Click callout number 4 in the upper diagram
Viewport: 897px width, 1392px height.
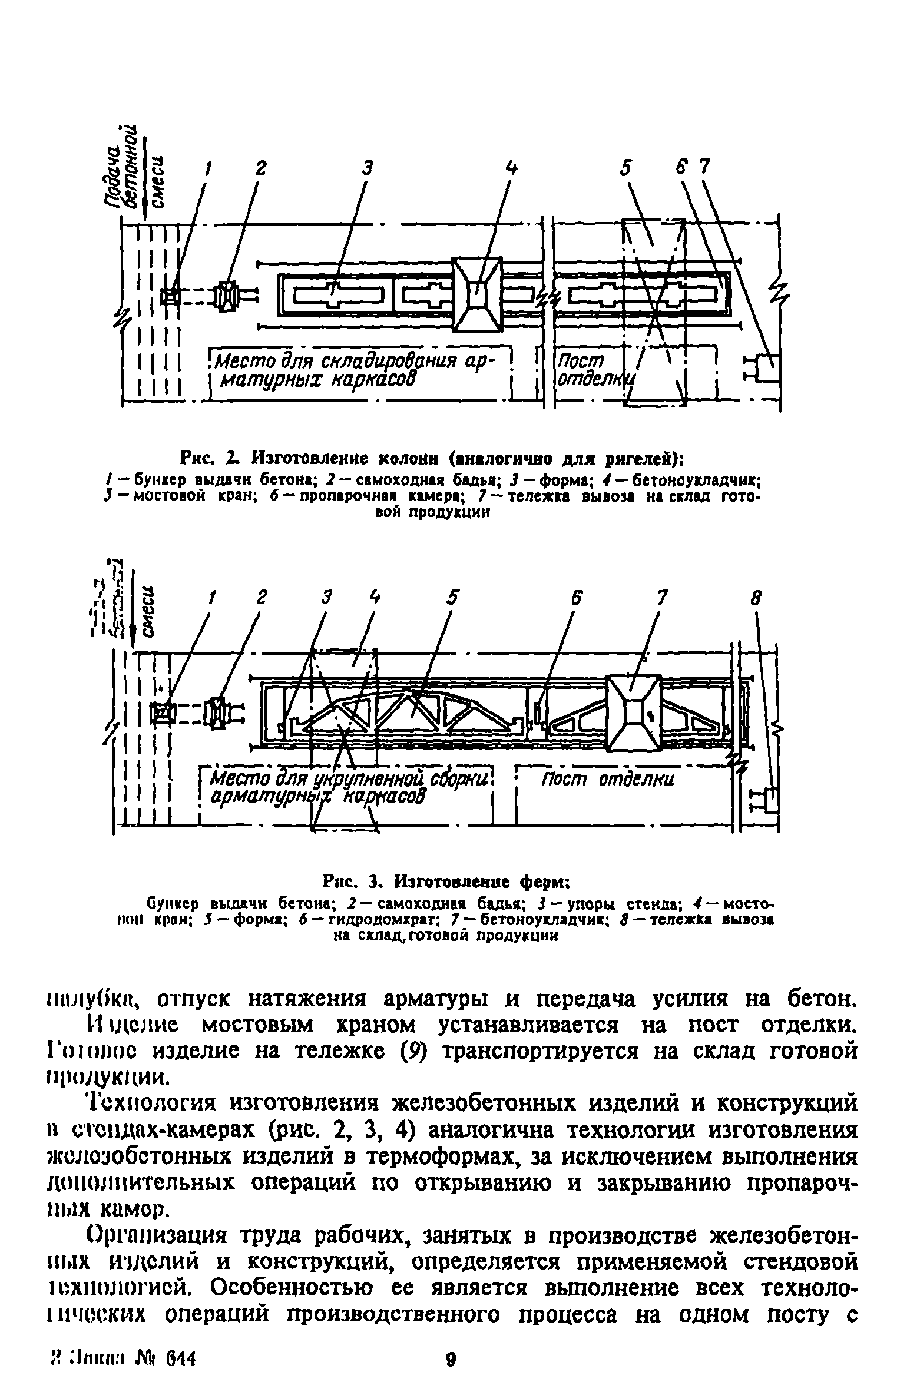pos(513,168)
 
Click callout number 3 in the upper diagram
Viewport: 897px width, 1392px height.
pos(368,168)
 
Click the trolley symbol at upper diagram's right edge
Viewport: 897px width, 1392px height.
pos(765,370)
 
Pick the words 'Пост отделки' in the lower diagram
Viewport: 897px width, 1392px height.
pos(606,780)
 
